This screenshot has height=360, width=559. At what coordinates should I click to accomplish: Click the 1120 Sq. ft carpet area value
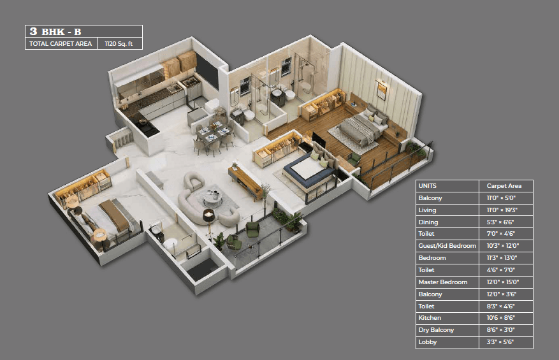point(119,44)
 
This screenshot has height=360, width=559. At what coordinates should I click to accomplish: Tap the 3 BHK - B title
point(55,31)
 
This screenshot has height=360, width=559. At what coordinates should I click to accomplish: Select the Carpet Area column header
point(504,185)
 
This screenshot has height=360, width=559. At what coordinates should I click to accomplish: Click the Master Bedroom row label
point(443,282)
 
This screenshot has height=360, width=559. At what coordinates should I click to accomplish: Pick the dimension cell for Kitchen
point(501,318)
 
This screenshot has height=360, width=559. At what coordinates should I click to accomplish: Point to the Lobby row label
point(428,342)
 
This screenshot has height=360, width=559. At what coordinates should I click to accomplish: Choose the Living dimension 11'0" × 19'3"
point(502,210)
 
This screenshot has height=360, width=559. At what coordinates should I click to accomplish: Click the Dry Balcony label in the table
point(436,330)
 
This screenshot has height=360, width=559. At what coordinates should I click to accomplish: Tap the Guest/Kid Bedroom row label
point(447,245)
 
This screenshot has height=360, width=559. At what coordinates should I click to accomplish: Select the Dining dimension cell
point(500,222)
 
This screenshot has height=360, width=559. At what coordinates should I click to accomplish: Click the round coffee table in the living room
point(213,199)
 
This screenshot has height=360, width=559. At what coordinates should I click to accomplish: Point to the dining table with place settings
point(213,134)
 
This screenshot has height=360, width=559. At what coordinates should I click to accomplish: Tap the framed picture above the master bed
point(381,90)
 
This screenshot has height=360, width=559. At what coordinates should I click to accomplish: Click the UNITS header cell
point(428,185)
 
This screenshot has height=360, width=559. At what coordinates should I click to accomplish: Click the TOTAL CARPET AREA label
point(61,44)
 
